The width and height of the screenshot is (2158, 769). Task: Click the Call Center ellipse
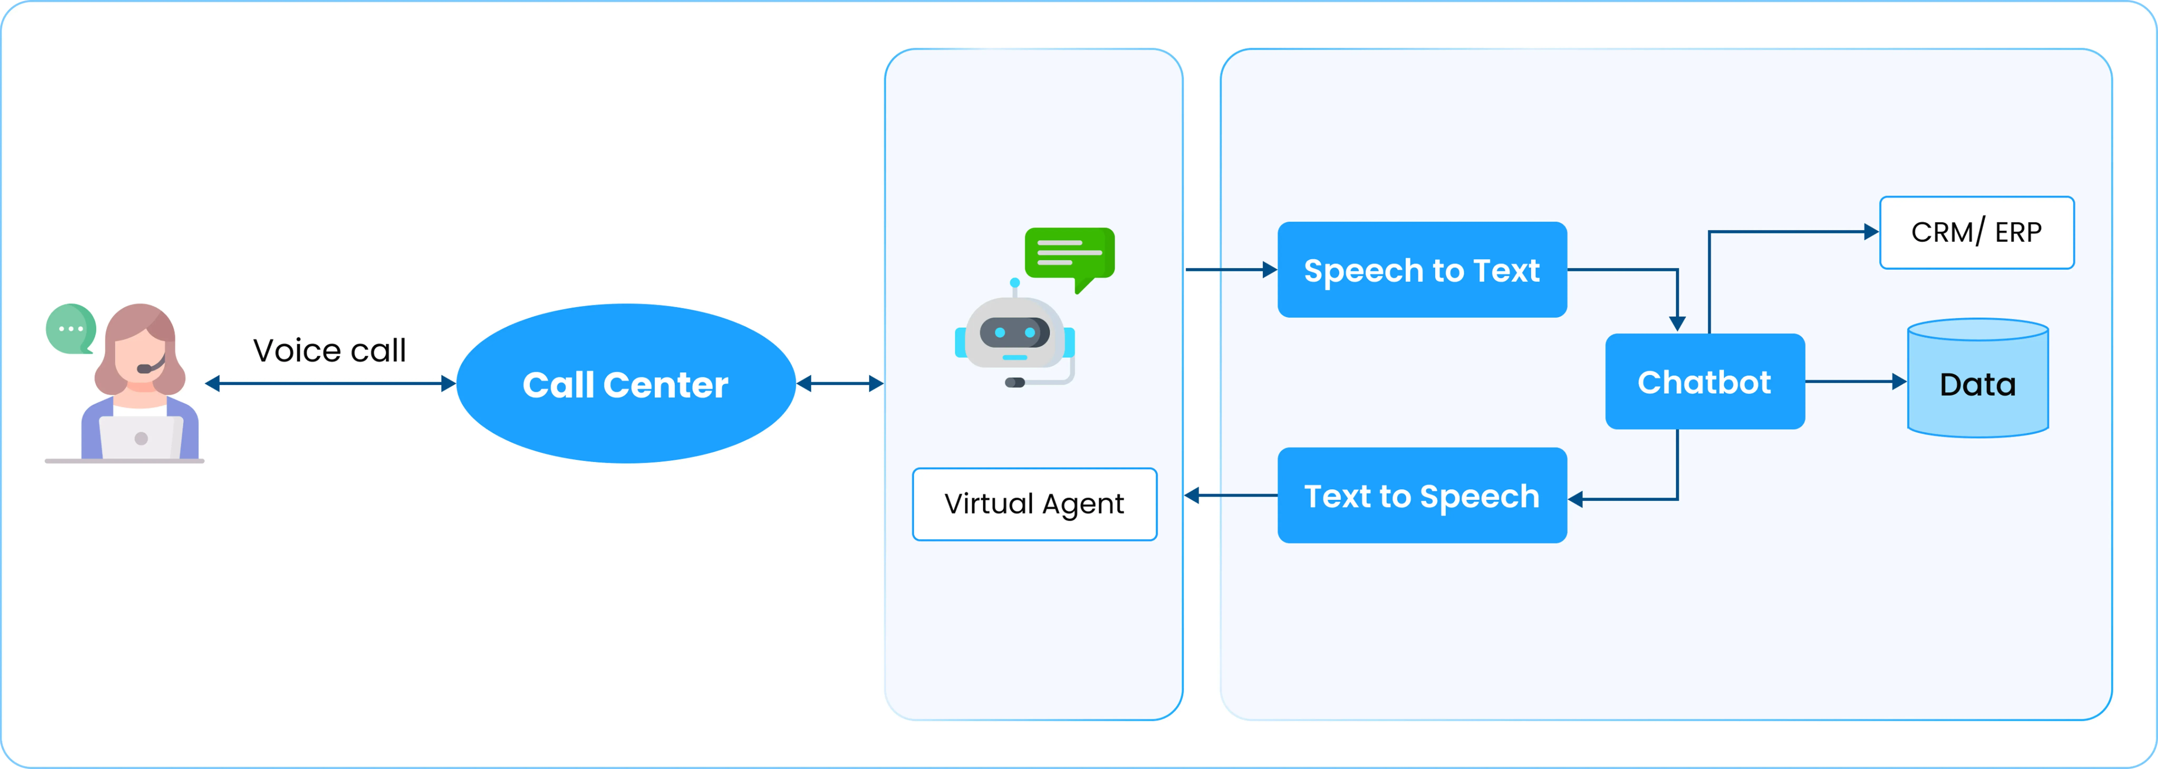point(626,384)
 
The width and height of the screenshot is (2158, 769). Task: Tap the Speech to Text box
point(1422,270)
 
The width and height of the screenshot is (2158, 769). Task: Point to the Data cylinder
point(1978,378)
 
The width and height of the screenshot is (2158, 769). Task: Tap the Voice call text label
point(329,350)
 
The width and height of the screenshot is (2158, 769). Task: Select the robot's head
point(1015,333)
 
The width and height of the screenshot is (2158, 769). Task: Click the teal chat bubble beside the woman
point(70,328)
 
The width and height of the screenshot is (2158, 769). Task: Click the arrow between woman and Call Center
point(330,384)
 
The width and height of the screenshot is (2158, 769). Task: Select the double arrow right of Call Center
point(839,384)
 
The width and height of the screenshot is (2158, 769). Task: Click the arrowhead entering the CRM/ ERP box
point(1872,232)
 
